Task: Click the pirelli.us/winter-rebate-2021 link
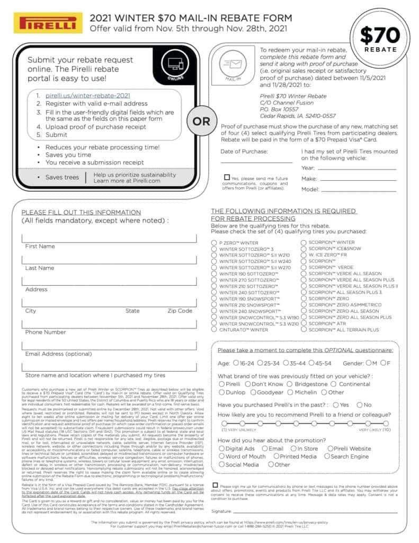click(87, 95)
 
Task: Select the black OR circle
click(201, 121)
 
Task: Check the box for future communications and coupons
click(227, 178)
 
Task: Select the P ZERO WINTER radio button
click(214, 242)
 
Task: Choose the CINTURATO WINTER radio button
click(214, 329)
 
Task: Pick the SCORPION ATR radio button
click(304, 323)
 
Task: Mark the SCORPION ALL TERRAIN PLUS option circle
click(304, 329)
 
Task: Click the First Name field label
click(40, 247)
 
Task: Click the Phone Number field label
click(46, 332)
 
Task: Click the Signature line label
click(221, 511)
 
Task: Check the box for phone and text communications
click(215, 485)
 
